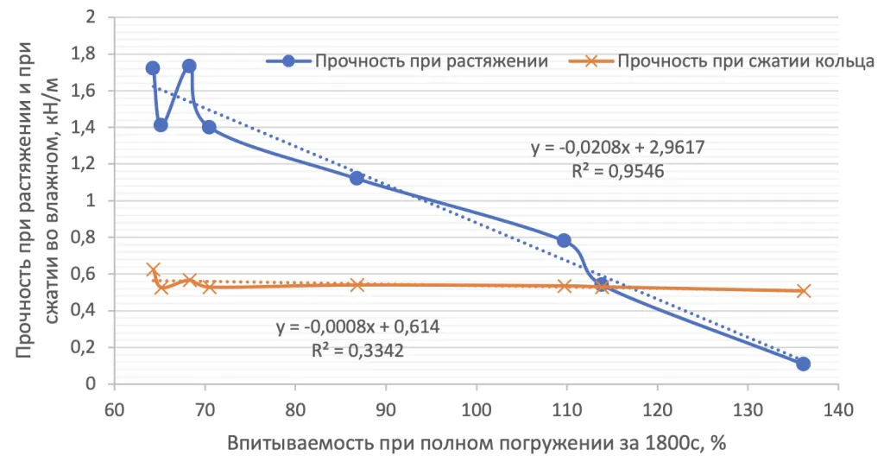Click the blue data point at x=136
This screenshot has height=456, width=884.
[803, 364]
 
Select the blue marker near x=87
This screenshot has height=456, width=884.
[357, 178]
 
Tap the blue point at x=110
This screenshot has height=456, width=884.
[564, 240]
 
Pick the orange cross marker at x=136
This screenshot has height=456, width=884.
[803, 291]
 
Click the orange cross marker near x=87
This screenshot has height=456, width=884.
[357, 284]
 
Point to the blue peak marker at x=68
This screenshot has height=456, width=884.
[189, 66]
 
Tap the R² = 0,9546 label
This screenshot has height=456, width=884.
[617, 171]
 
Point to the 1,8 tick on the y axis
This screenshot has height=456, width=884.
[92, 54]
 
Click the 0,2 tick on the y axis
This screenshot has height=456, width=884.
[92, 347]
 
